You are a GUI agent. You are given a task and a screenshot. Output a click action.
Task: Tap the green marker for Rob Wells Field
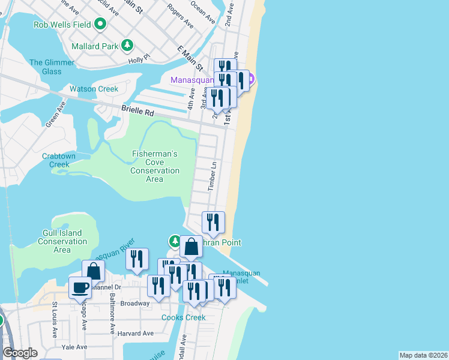tap(100, 25)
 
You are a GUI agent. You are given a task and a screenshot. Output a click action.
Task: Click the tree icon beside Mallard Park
tap(127, 45)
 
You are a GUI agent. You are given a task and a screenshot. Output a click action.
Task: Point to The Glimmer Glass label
tap(52, 67)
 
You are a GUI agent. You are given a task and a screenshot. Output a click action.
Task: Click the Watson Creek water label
tap(94, 89)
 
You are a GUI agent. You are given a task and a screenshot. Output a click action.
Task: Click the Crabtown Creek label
tap(59, 160)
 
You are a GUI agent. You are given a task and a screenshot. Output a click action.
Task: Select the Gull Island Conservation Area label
tap(62, 241)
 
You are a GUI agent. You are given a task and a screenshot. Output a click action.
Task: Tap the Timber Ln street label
tap(212, 176)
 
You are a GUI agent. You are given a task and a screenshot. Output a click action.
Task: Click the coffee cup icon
tap(80, 288)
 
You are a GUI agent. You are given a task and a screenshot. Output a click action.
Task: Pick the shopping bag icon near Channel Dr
tap(93, 271)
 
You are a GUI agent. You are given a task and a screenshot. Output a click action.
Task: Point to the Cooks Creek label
tap(183, 317)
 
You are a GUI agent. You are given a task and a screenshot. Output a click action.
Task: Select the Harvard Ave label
tap(136, 333)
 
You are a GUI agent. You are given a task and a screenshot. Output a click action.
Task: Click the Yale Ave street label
tap(75, 347)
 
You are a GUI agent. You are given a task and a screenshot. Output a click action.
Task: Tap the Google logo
tap(20, 353)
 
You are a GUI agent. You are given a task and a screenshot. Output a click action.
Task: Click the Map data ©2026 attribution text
tap(423, 355)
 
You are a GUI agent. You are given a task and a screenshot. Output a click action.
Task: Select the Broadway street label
tap(134, 303)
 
